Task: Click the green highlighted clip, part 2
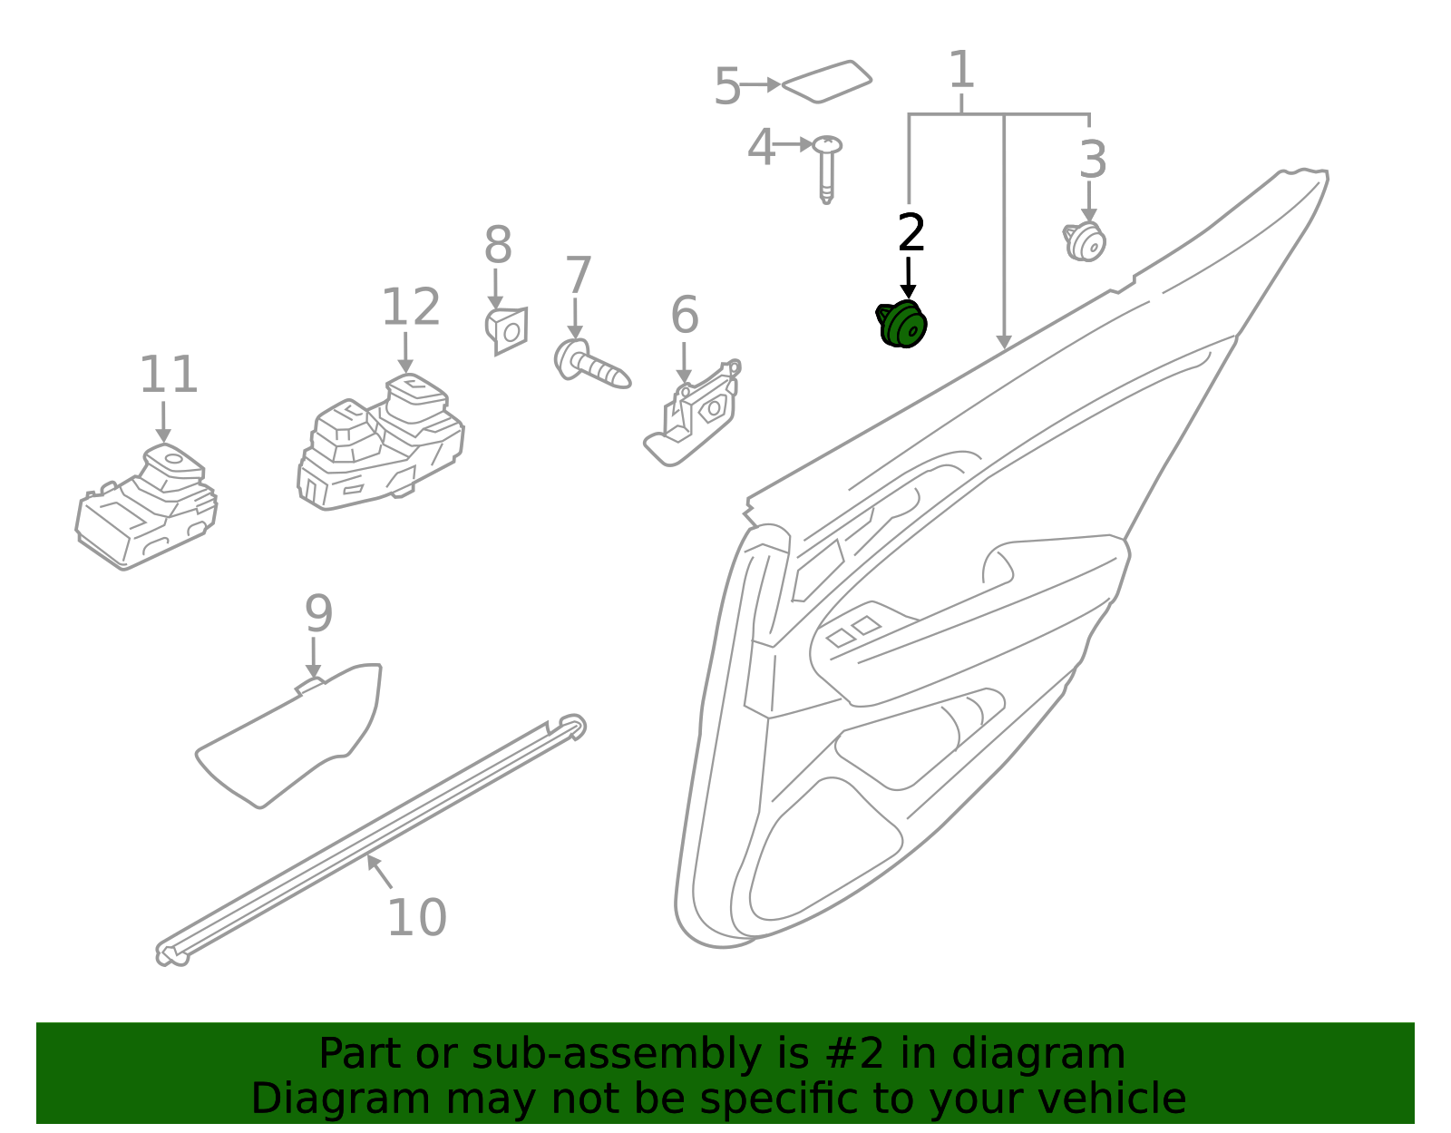click(902, 325)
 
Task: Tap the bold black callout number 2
click(911, 234)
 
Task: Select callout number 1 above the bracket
click(960, 71)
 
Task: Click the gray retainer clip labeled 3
click(1085, 241)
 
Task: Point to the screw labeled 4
click(826, 168)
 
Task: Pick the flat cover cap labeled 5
click(826, 83)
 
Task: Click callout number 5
click(727, 88)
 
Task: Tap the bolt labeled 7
click(590, 364)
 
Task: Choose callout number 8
click(498, 246)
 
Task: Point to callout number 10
click(416, 918)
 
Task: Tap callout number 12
click(410, 308)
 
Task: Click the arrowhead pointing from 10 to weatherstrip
click(372, 860)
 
